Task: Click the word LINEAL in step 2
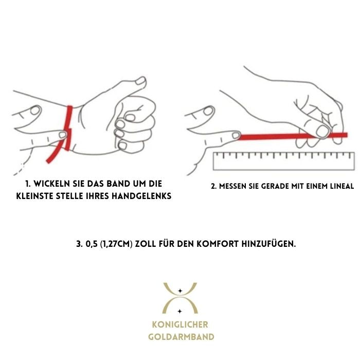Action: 342,186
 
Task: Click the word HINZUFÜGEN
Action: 268,243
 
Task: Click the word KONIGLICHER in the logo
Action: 180,325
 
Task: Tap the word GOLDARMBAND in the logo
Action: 181,337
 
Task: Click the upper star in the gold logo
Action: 180,291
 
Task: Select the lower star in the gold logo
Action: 180,311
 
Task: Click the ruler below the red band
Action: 284,161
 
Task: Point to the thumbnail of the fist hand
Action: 140,81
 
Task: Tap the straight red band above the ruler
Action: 293,136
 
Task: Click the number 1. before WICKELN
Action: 28,184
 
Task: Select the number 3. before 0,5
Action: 79,244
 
